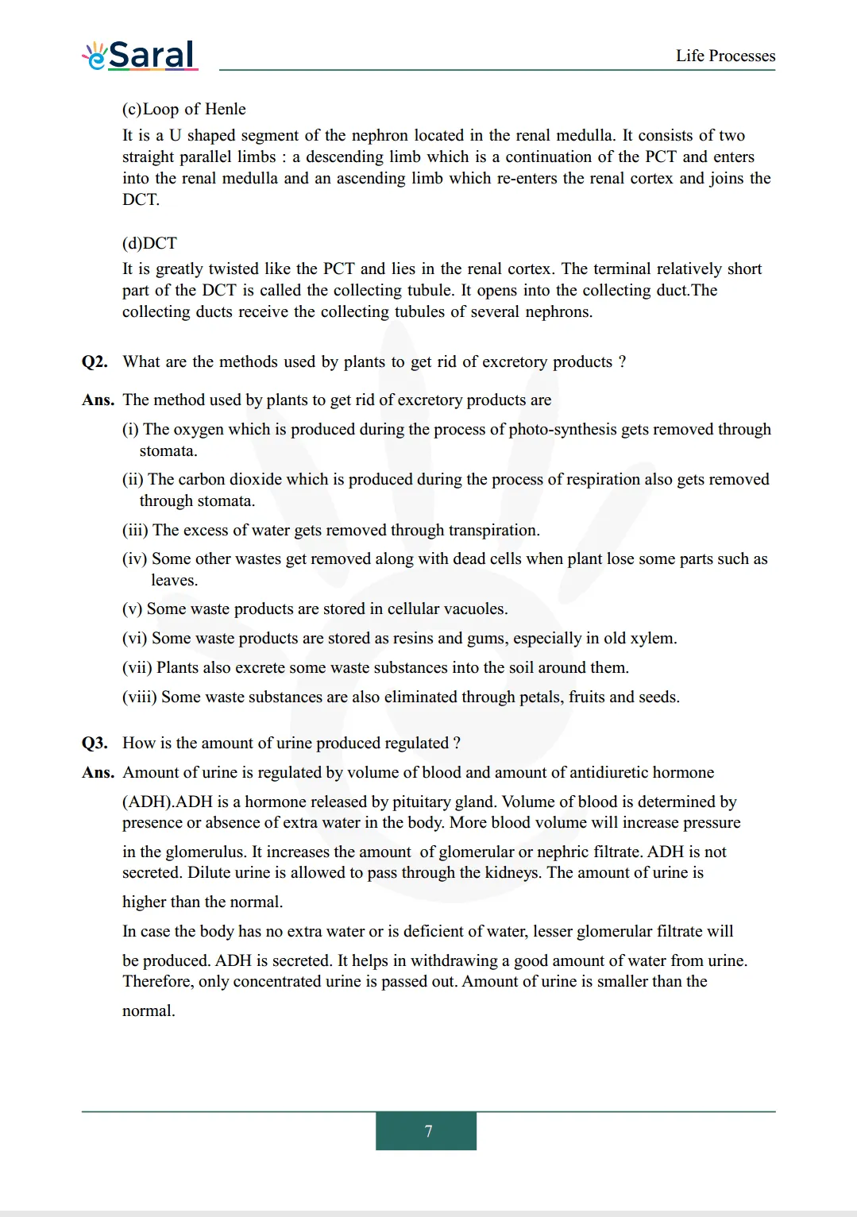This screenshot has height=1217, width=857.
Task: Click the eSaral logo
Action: tap(140, 55)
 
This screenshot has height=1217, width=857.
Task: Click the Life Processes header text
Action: tap(725, 56)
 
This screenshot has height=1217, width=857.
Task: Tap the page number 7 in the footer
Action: tap(428, 1130)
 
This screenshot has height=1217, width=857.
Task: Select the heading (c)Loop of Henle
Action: tap(184, 109)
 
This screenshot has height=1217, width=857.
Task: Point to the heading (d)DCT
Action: tap(149, 243)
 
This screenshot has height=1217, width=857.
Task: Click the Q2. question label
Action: tap(95, 362)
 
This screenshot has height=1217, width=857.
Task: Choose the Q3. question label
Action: tap(95, 744)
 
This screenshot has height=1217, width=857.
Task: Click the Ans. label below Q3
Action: tap(98, 773)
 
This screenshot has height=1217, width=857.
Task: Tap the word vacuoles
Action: tap(475, 609)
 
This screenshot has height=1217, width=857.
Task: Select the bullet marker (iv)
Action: tap(134, 559)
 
